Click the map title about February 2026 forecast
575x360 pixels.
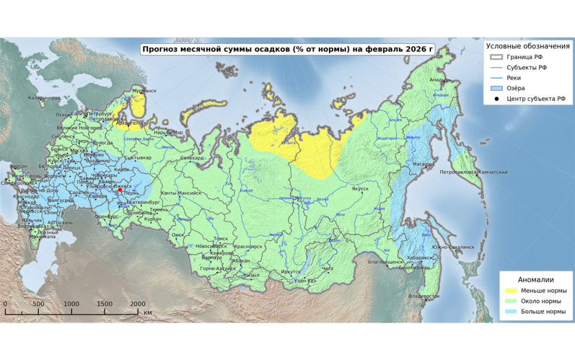(x=287, y=49)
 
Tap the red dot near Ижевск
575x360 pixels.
(x=120, y=190)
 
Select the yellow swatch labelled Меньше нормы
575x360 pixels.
(x=510, y=290)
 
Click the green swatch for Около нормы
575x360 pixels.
(x=510, y=301)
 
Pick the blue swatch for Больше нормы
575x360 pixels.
(x=510, y=311)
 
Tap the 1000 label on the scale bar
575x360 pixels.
(x=71, y=304)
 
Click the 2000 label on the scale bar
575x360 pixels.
(x=138, y=304)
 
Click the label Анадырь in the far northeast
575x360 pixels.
(x=440, y=80)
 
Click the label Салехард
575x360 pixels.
(x=192, y=158)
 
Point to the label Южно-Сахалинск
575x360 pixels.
(x=453, y=247)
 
